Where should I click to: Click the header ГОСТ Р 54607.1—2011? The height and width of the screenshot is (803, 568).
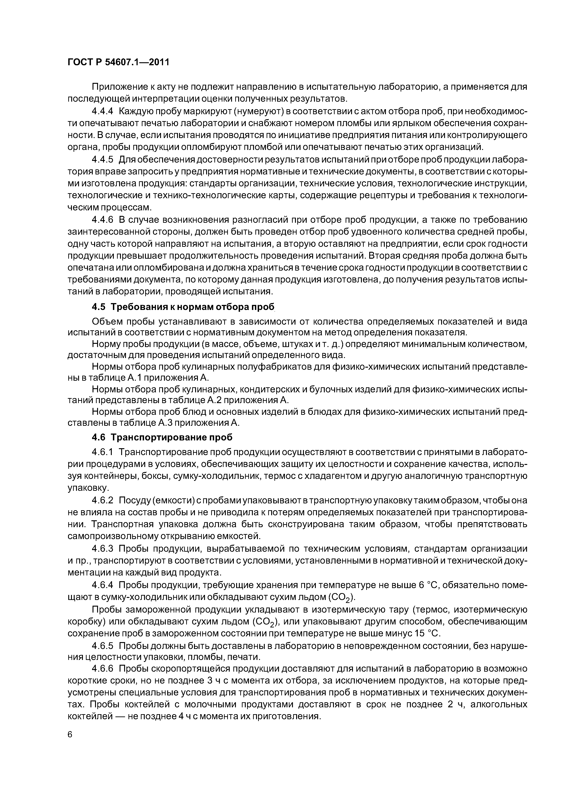click(118, 62)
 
